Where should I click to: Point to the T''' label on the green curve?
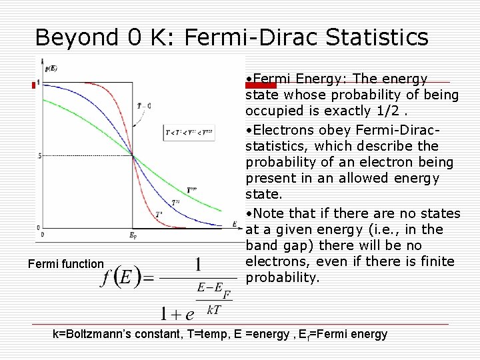click(x=193, y=189)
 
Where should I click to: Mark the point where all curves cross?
click(x=133, y=157)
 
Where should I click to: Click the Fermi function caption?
click(x=66, y=265)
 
